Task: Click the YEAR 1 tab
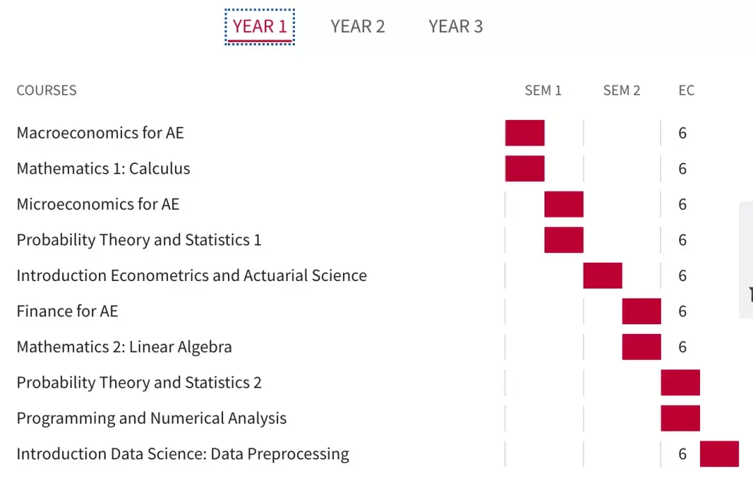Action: coord(259,26)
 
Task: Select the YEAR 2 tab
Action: coord(358,26)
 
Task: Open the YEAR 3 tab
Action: coord(455,26)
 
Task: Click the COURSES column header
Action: coord(47,91)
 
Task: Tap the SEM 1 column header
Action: coord(543,91)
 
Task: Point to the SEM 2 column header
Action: coord(621,91)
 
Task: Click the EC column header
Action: coord(686,91)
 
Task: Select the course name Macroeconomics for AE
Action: coord(100,133)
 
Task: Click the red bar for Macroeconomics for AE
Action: coord(525,133)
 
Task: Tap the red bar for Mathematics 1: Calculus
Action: coord(525,169)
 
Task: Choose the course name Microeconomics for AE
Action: coord(98,204)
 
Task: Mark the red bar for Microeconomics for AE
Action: coord(564,204)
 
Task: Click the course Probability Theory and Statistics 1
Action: coord(139,240)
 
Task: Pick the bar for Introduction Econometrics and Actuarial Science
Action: coord(602,275)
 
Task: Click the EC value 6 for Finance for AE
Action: coord(683,312)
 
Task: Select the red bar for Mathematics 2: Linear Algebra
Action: coord(641,347)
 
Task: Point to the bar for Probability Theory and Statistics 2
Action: coord(680,383)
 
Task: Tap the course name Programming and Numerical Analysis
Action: coord(152,418)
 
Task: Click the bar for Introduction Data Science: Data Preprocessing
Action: coord(720,454)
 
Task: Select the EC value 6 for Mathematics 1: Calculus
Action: coord(683,169)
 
